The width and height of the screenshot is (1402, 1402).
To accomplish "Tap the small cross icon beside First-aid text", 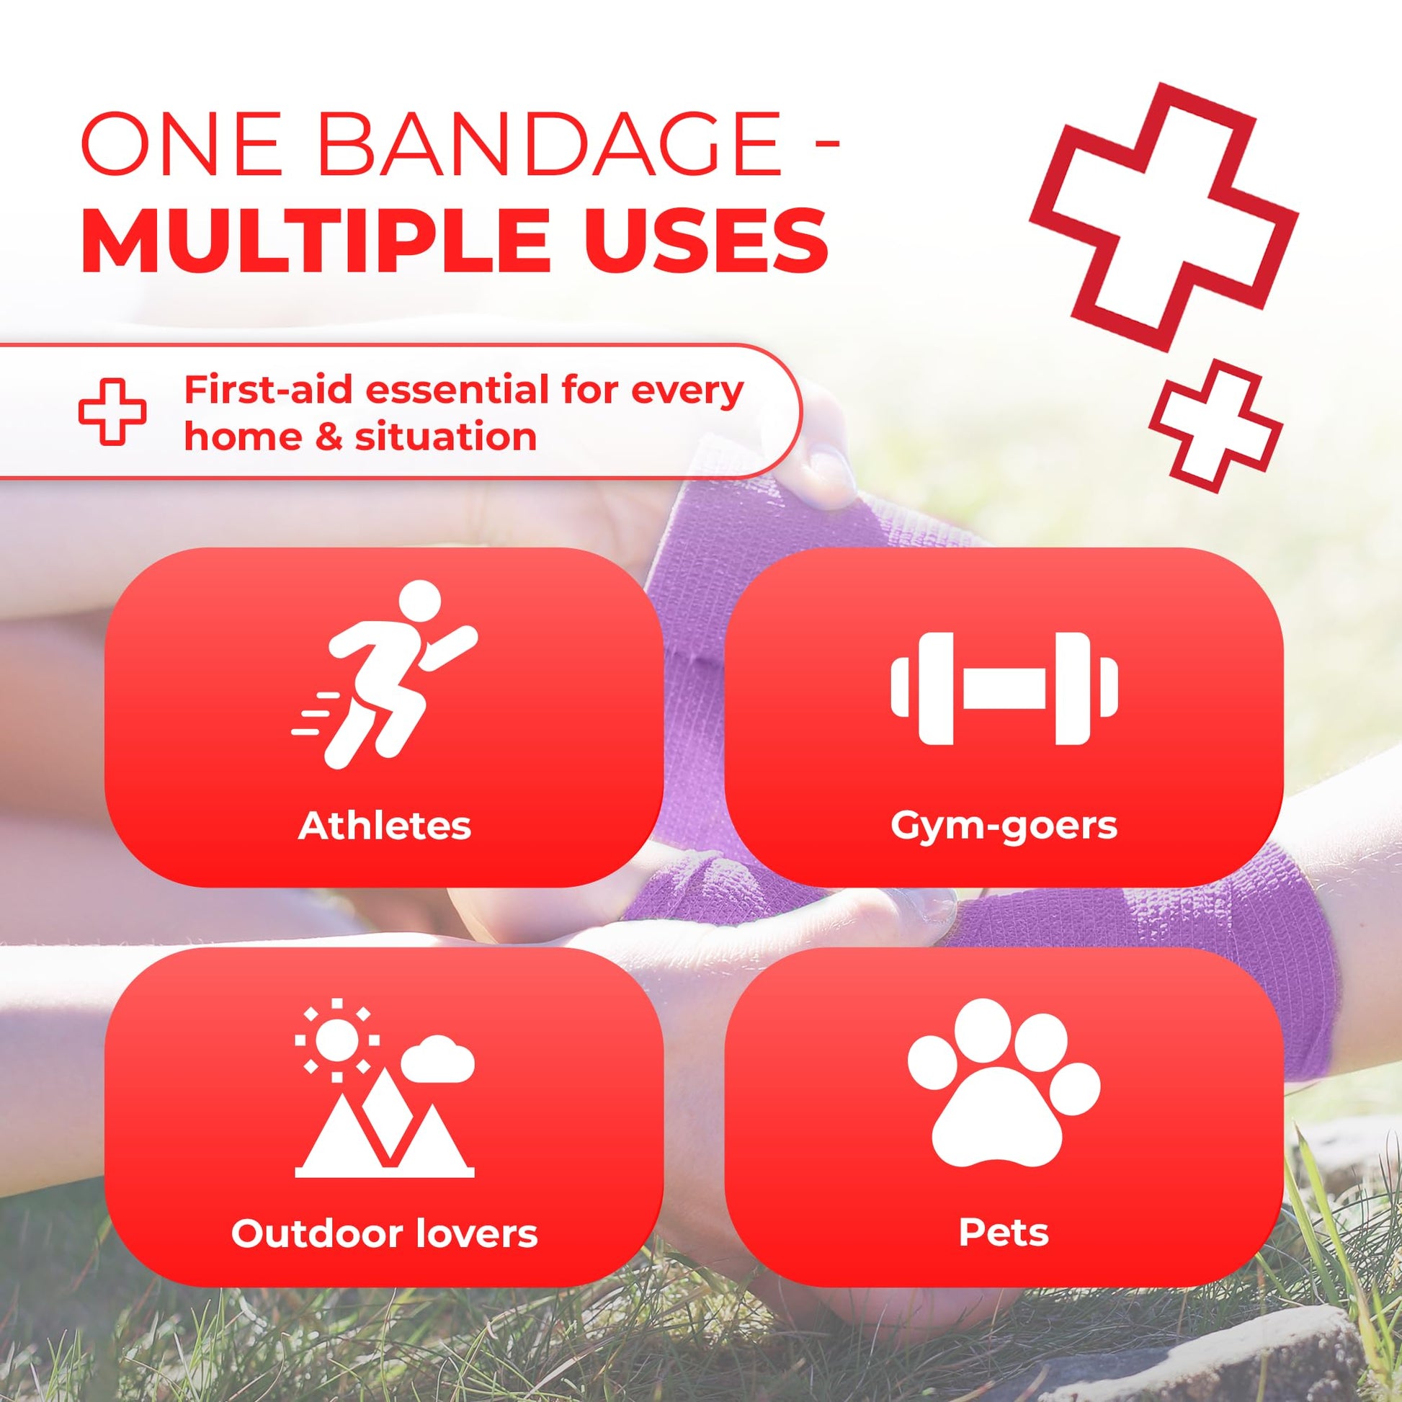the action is [x=112, y=411].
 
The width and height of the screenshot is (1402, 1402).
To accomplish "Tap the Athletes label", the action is [x=385, y=825].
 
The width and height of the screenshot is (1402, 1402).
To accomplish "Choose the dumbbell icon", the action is [x=1004, y=688].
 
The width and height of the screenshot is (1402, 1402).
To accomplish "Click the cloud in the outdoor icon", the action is [x=437, y=1063].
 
